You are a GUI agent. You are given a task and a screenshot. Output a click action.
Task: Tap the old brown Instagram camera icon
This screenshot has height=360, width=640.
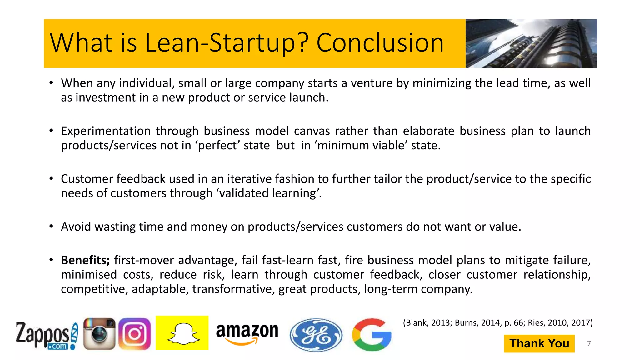coord(99,334)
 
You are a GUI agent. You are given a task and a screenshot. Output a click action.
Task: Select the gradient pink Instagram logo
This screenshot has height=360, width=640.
coord(135,334)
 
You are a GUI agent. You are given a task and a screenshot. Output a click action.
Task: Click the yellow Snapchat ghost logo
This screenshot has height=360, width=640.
coord(182,333)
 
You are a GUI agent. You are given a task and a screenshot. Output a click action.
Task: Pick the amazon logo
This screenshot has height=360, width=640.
coord(247,333)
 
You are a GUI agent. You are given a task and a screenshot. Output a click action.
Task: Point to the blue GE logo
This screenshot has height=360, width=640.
coord(316,335)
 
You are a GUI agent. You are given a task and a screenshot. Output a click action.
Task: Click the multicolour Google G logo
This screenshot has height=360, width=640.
coord(372,334)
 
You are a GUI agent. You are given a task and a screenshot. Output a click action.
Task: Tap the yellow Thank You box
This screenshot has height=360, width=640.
coord(539,343)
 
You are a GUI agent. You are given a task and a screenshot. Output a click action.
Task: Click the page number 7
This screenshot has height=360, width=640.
coord(589,344)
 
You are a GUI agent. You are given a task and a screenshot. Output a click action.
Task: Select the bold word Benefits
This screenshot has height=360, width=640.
coord(85,260)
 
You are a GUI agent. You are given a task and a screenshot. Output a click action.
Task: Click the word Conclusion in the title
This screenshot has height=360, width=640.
coord(380,43)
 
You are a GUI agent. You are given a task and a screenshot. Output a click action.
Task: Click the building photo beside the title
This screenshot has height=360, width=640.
coord(531,43)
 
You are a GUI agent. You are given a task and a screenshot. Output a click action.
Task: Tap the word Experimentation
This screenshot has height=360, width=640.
coord(106,131)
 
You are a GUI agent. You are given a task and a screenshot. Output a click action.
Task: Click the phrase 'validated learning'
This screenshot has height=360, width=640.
coord(269,193)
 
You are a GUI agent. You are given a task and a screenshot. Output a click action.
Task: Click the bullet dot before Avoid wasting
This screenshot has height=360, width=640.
coord(51,226)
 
